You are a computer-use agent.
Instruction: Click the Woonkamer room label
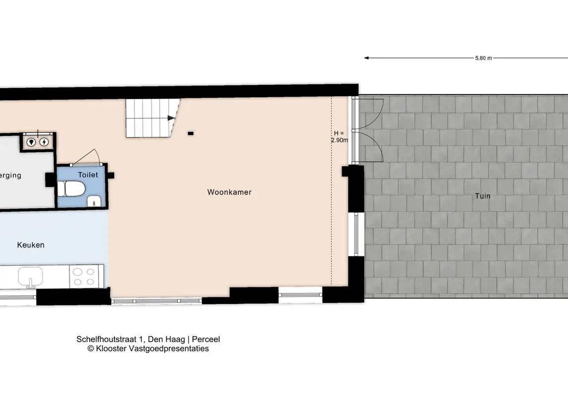[x=229, y=192]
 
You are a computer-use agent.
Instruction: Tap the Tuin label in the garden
[x=483, y=196]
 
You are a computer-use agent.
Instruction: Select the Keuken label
[x=31, y=245]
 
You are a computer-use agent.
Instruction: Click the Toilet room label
[x=88, y=175]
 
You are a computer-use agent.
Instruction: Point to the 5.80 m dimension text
[x=484, y=58]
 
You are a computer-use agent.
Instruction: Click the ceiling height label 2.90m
[x=339, y=140]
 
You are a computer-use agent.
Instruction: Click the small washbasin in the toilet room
[x=94, y=201]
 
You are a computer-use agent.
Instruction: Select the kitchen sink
[x=30, y=277]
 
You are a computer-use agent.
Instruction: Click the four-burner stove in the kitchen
[x=84, y=277]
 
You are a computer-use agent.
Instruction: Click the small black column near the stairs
[x=190, y=133]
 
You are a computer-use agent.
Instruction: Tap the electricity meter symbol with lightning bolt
[x=44, y=142]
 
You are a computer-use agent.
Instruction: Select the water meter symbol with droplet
[x=31, y=142]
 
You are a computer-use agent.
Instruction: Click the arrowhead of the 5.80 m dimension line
[x=366, y=58]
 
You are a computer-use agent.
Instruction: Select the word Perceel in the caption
[x=206, y=340]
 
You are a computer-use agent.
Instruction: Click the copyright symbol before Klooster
[x=91, y=349]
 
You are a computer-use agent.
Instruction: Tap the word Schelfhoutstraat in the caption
[x=107, y=340]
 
